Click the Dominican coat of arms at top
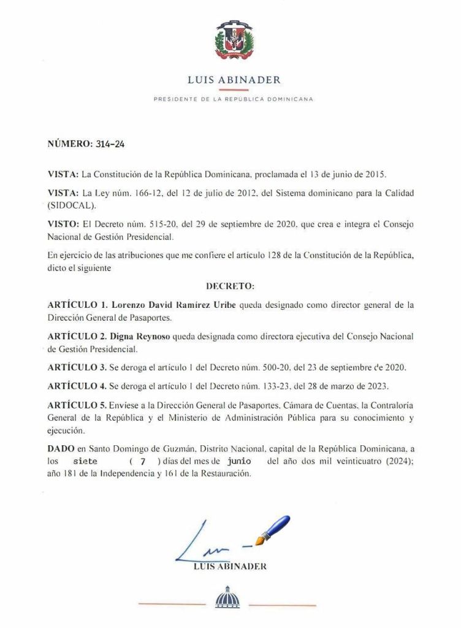click(233, 40)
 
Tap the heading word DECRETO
click(230, 286)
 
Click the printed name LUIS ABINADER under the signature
click(230, 567)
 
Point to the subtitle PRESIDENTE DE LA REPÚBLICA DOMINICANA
click(233, 99)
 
